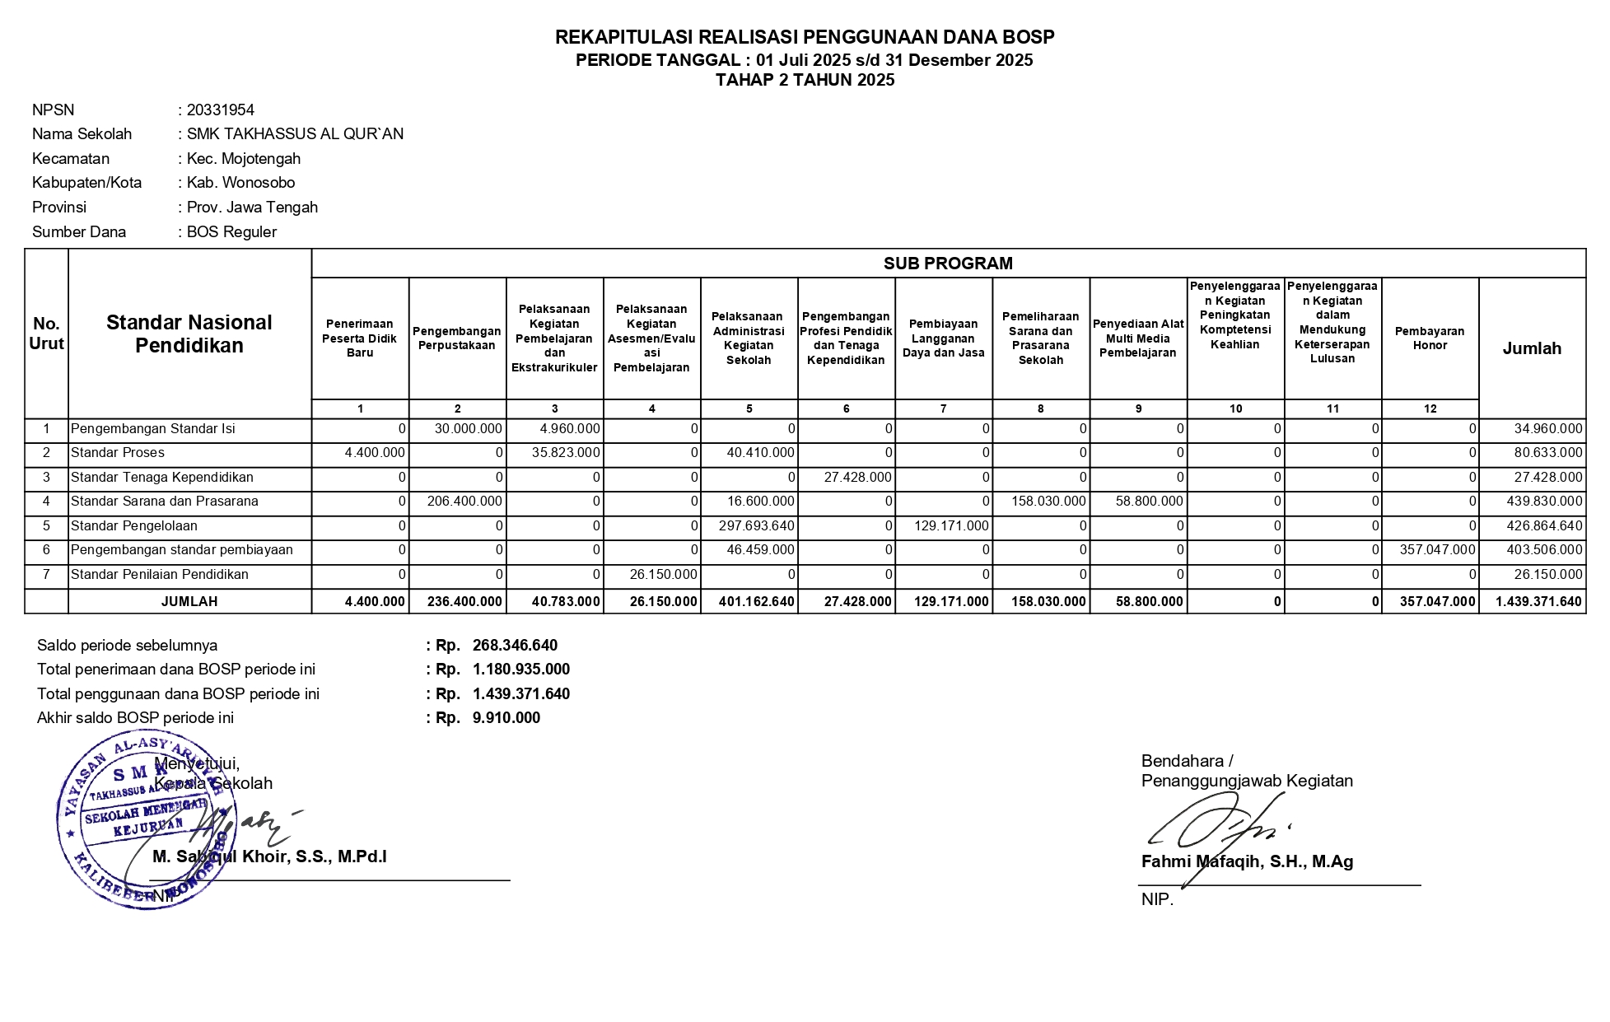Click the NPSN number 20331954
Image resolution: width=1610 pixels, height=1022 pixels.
click(220, 110)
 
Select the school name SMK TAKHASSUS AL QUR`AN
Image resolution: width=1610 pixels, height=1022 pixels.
click(295, 134)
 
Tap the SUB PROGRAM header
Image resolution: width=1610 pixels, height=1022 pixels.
click(948, 264)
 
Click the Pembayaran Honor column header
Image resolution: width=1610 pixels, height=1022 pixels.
click(1430, 338)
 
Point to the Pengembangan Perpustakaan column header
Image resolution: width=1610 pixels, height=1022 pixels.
click(457, 338)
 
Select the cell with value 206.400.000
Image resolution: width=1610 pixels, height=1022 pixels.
click(464, 502)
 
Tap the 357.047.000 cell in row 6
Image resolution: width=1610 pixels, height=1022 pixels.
click(1437, 550)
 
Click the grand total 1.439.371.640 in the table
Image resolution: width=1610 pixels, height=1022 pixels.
click(1538, 602)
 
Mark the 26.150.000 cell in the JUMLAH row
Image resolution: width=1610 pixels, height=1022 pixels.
click(663, 602)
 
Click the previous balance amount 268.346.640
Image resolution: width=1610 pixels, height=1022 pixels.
click(515, 646)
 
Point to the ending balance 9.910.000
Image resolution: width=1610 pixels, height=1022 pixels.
click(506, 718)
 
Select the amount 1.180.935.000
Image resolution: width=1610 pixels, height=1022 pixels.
click(521, 670)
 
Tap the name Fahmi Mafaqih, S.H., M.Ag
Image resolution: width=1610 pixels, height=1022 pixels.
click(1247, 862)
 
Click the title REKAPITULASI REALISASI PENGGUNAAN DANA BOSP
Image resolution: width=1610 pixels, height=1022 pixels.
click(805, 37)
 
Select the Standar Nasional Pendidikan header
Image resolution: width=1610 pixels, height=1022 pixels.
click(189, 334)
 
